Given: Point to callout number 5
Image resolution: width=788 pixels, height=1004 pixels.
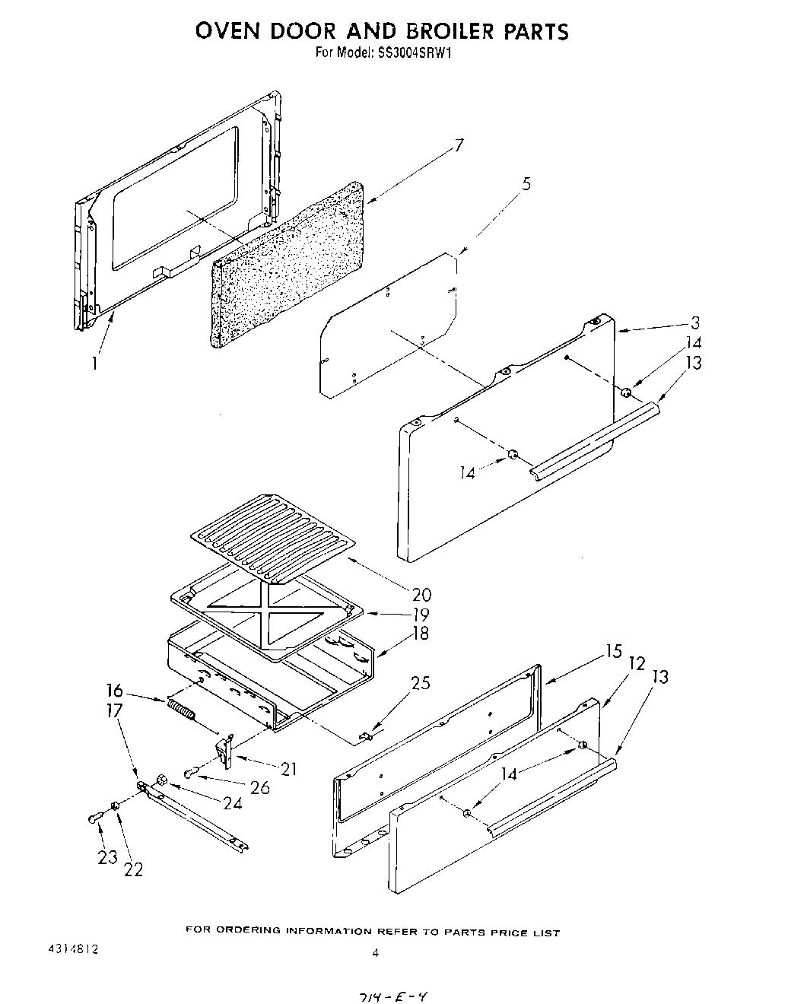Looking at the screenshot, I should pos(526,183).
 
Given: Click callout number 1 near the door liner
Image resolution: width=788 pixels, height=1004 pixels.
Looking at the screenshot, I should pos(94,364).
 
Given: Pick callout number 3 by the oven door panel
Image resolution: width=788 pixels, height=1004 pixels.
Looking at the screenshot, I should pos(694,322).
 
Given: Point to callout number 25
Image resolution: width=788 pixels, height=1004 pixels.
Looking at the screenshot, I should pos(420,683).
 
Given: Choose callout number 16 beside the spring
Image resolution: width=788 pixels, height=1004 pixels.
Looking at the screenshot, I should pos(115,691).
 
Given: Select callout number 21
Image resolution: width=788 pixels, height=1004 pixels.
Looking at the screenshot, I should pos(288,769).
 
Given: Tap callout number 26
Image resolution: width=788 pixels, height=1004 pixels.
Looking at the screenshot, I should pos(259,787).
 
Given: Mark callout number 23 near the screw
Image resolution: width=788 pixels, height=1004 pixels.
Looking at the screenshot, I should pos(107,857).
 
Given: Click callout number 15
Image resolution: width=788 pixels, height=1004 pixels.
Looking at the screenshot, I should pos(614,651).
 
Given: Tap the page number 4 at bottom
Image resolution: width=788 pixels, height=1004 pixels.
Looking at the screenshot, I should pos(375,952).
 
